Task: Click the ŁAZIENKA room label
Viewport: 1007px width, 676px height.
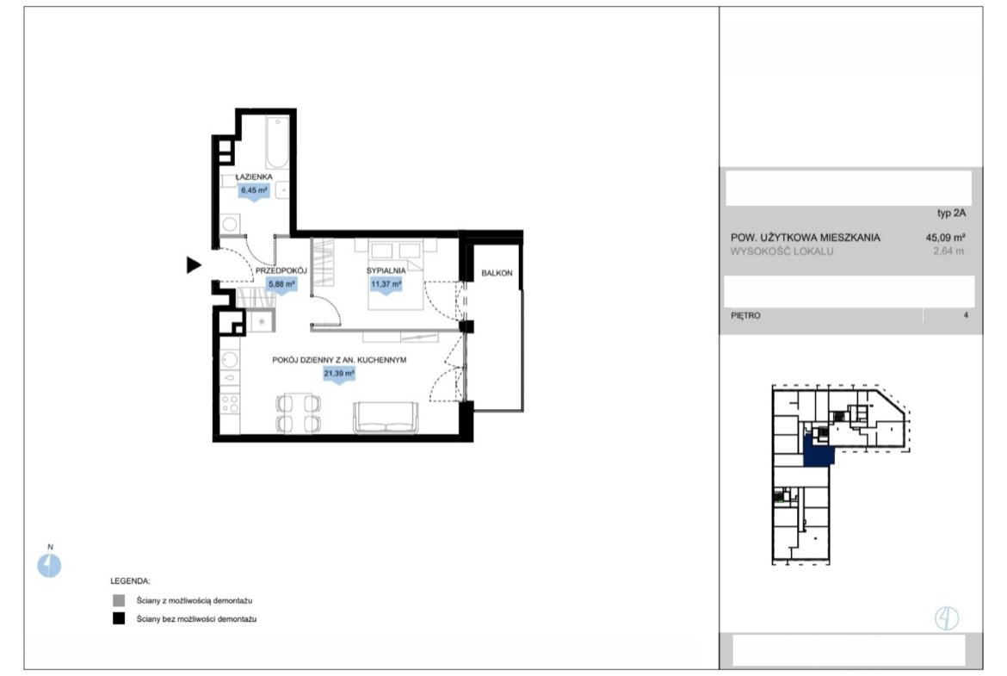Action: pyautogui.click(x=254, y=177)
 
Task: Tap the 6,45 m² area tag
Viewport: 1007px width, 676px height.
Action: pyautogui.click(x=254, y=191)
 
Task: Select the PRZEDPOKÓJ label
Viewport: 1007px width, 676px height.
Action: pyautogui.click(x=281, y=270)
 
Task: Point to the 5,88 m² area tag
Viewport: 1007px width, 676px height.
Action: pyautogui.click(x=281, y=284)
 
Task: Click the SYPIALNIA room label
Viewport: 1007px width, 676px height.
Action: pyautogui.click(x=386, y=270)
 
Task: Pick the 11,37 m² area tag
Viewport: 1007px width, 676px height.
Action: pyautogui.click(x=386, y=284)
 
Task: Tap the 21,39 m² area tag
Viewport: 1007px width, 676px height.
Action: pyautogui.click(x=339, y=374)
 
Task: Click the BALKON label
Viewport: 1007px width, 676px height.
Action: pyautogui.click(x=497, y=273)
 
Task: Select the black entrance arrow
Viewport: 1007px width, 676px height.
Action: pyautogui.click(x=194, y=264)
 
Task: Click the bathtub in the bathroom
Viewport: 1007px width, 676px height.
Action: pyautogui.click(x=278, y=142)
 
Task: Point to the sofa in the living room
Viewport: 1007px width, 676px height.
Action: pyautogui.click(x=386, y=418)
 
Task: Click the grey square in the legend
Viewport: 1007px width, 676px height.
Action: pyautogui.click(x=119, y=601)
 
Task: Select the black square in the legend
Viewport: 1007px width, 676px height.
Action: pyautogui.click(x=119, y=619)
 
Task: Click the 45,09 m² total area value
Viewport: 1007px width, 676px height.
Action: pyautogui.click(x=945, y=237)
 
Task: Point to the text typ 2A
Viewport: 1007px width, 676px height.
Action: pyautogui.click(x=951, y=214)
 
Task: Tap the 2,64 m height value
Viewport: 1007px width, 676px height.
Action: pyautogui.click(x=948, y=251)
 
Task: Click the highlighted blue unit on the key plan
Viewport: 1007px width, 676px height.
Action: pyautogui.click(x=817, y=452)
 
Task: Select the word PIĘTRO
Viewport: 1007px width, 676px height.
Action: pyautogui.click(x=745, y=315)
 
